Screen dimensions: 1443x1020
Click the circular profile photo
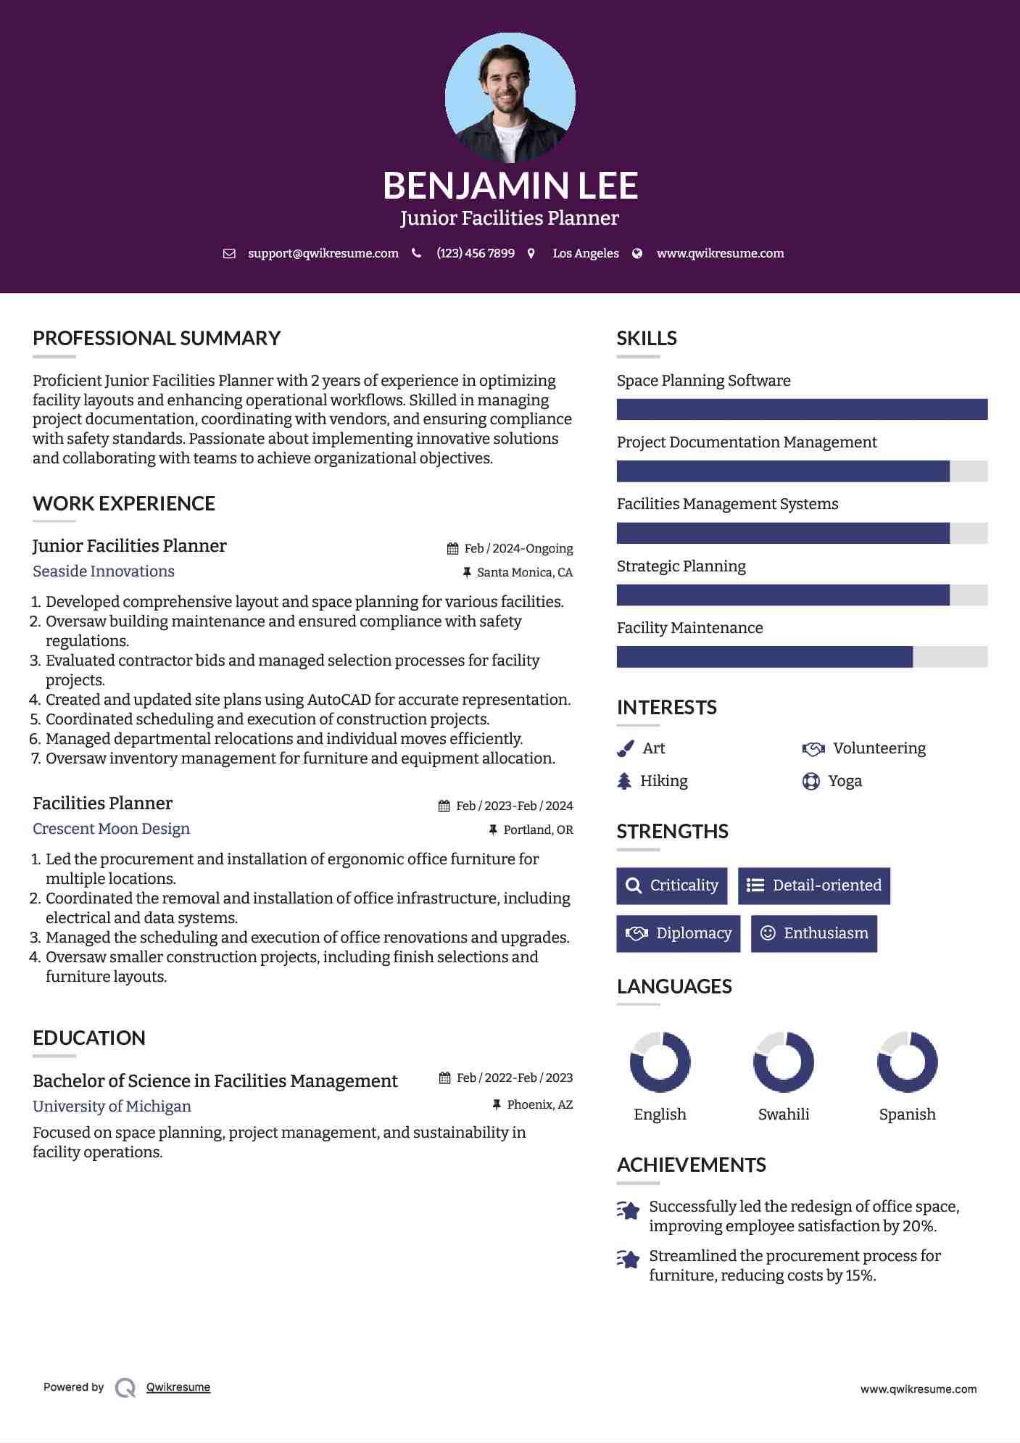click(510, 97)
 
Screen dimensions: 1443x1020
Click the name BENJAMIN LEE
click(510, 186)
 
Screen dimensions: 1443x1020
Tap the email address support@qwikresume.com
click(323, 253)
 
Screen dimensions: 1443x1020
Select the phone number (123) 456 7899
click(476, 253)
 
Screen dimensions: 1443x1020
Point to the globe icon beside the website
click(637, 253)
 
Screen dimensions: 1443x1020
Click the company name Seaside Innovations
click(104, 571)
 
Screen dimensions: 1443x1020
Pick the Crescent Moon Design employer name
click(111, 829)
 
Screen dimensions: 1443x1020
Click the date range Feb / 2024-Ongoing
click(518, 548)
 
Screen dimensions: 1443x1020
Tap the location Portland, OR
click(538, 830)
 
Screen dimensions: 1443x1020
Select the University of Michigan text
click(112, 1107)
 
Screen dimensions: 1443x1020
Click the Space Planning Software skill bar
click(802, 409)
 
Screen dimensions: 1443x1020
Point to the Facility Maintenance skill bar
click(802, 657)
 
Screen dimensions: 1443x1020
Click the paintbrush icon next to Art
click(625, 748)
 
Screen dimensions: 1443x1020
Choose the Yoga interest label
click(845, 781)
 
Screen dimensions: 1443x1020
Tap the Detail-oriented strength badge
click(813, 885)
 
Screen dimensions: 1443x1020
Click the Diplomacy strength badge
click(678, 933)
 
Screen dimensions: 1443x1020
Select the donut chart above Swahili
click(783, 1062)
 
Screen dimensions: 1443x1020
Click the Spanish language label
click(907, 1115)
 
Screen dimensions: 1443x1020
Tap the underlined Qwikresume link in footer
click(178, 1387)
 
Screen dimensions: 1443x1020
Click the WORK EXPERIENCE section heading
click(124, 504)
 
